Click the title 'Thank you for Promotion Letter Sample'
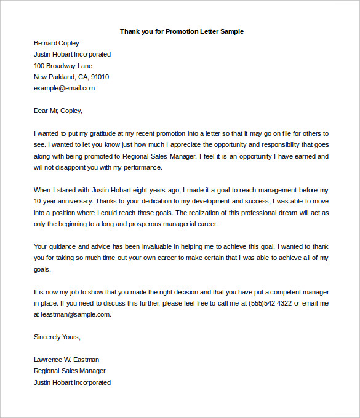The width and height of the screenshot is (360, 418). [182, 31]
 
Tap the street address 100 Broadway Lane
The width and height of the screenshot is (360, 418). [63, 66]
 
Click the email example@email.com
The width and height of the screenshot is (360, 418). [64, 88]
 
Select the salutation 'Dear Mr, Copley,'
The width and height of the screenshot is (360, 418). [58, 111]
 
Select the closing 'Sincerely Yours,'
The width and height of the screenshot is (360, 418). [57, 337]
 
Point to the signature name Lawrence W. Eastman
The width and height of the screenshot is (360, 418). [66, 360]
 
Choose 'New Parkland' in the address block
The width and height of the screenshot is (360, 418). [54, 77]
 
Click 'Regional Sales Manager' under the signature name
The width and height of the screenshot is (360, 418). [70, 371]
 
